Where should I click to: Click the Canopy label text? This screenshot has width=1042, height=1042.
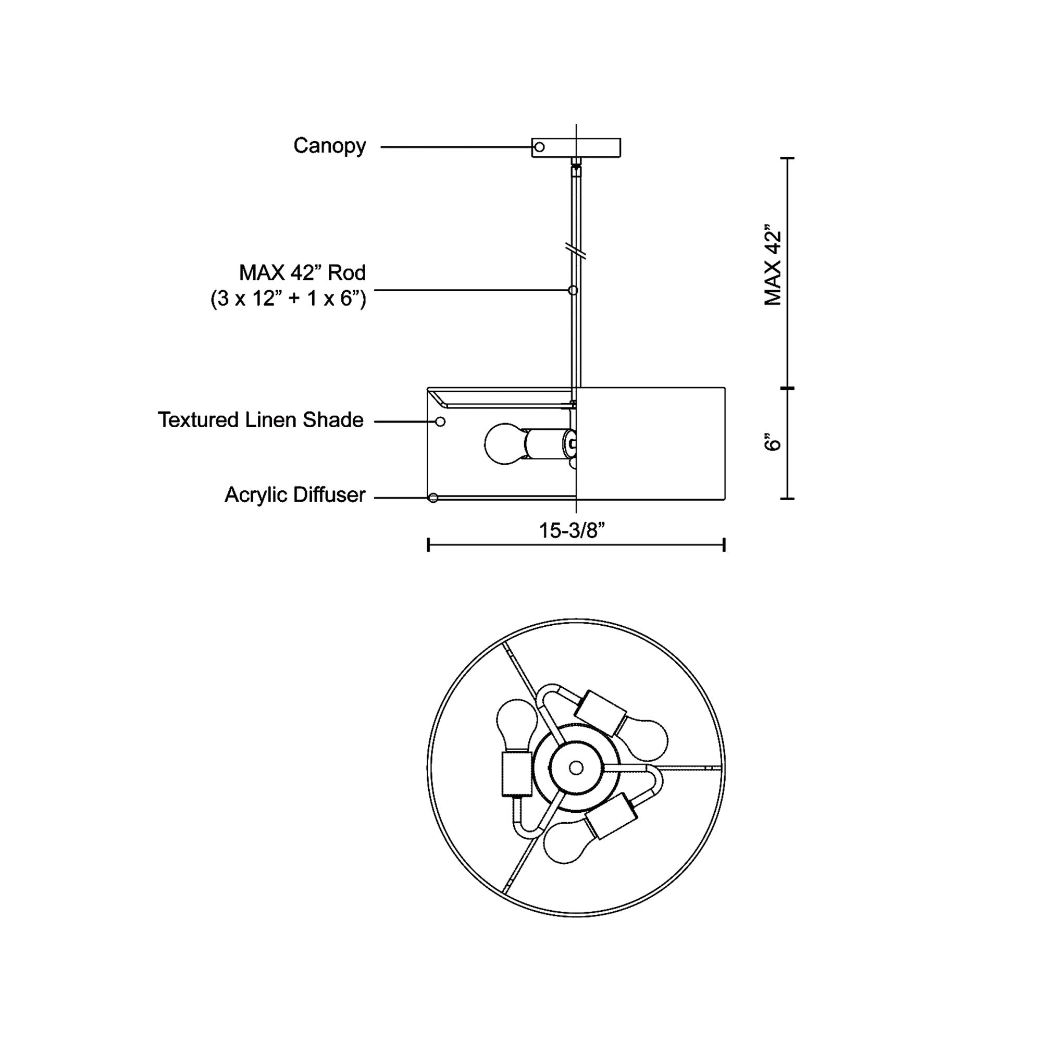tap(330, 146)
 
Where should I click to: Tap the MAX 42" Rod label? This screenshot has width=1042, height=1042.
tap(302, 273)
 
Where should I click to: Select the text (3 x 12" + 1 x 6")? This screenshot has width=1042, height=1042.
tap(288, 298)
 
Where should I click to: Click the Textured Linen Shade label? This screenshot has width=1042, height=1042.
tap(260, 420)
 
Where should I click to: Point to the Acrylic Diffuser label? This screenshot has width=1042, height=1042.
tap(295, 494)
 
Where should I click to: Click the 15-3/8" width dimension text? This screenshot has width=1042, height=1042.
tap(572, 530)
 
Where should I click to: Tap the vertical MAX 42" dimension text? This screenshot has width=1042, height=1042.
tap(772, 265)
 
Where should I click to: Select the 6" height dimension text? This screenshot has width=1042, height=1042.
tap(772, 441)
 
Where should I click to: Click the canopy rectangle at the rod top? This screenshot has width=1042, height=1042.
tap(576, 148)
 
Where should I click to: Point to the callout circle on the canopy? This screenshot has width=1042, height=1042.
tap(539, 147)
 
